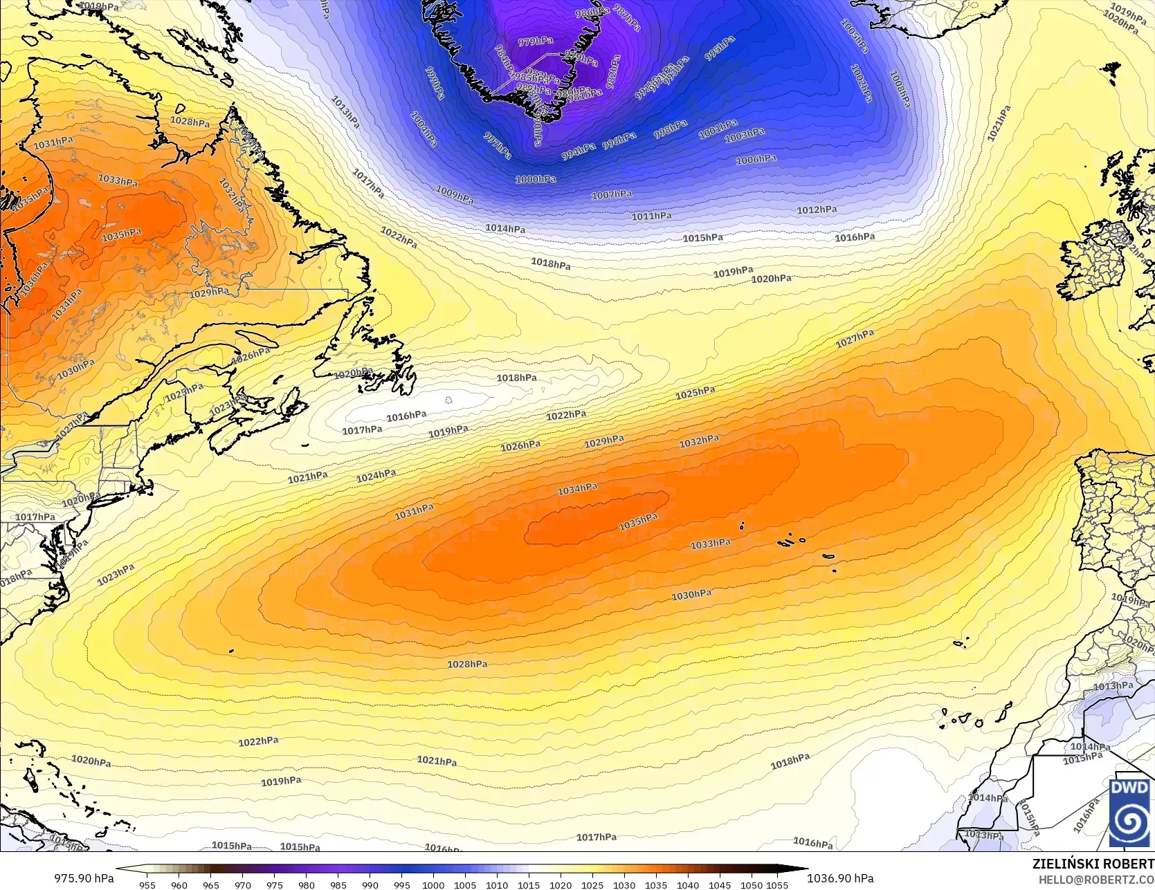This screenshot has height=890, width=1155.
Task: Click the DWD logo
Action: [1130, 812]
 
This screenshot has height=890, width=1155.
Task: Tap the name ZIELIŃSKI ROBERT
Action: [1093, 864]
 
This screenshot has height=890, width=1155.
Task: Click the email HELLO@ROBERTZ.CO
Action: [1095, 878]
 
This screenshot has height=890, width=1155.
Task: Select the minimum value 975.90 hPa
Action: [84, 878]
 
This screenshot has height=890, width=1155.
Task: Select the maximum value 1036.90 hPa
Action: [840, 878]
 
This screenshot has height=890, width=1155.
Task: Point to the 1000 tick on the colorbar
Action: [433, 884]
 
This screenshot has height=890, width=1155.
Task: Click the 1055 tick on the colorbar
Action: [777, 884]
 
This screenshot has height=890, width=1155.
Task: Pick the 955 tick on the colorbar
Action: [147, 884]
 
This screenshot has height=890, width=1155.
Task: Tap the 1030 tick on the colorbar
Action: [624, 884]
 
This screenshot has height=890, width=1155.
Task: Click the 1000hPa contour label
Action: [536, 179]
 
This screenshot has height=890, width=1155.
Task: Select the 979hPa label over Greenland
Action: [536, 41]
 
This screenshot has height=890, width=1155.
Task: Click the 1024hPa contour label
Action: [376, 476]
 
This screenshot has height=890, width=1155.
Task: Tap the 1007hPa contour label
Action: [612, 195]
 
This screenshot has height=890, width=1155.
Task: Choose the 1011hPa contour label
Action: [651, 216]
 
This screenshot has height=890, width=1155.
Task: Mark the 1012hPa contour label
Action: [817, 210]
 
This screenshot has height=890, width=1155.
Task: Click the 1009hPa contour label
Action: [455, 196]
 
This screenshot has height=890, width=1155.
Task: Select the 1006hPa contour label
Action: [756, 160]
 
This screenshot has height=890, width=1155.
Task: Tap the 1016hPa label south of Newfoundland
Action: [406, 416]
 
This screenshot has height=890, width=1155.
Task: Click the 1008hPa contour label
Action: [899, 89]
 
